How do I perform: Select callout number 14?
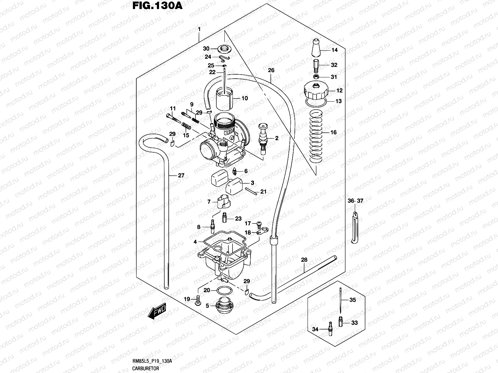click(x=334, y=50)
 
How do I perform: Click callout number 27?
click(x=181, y=175)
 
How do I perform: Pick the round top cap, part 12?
click(x=316, y=90)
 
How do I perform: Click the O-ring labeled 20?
click(x=224, y=291)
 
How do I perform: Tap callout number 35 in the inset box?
click(x=352, y=300)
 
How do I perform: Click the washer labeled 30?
click(x=224, y=48)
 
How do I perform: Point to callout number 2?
click(x=276, y=138)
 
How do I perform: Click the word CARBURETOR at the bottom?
click(x=143, y=368)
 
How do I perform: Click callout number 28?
click(x=304, y=260)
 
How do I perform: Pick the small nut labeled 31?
click(x=316, y=77)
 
